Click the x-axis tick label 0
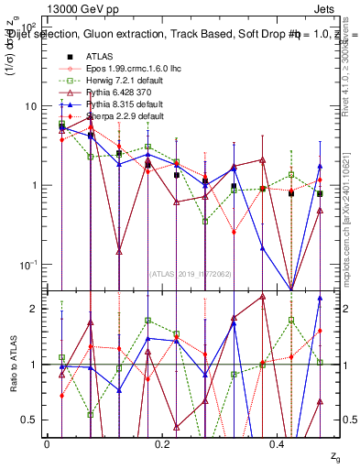[47, 444]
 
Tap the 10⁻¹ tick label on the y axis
[27, 265]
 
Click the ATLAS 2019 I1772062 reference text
[191, 273]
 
